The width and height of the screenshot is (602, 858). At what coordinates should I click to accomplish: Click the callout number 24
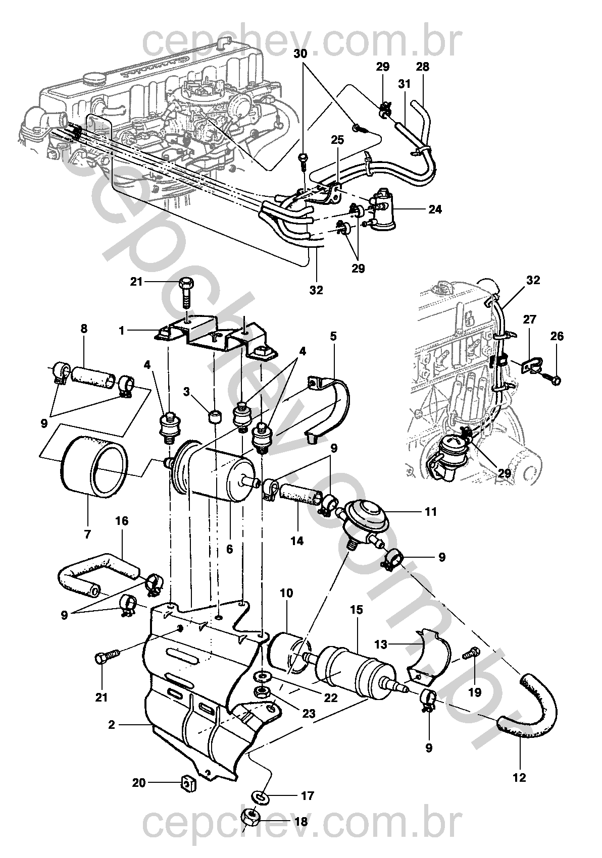click(x=435, y=209)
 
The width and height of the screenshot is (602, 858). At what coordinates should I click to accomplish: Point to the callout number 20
click(x=139, y=782)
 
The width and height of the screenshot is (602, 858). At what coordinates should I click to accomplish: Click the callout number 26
click(x=557, y=336)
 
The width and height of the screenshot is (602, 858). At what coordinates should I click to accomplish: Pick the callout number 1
click(x=122, y=330)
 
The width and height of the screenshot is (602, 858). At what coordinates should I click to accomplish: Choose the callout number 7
click(x=87, y=534)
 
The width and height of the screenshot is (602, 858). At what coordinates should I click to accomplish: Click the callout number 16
click(x=122, y=521)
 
